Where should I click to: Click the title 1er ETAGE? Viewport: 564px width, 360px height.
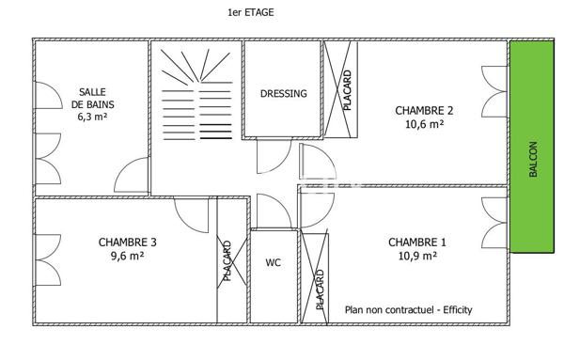click(251, 13)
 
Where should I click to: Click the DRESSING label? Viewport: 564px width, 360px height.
click(284, 94)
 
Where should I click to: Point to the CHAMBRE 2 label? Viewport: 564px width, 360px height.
click(424, 110)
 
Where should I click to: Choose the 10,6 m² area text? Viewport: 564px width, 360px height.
click(424, 123)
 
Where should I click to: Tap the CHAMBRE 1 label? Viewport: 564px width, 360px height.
click(417, 242)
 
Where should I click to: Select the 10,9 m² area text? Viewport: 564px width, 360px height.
click(417, 255)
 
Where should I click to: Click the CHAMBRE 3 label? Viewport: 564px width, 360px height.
click(128, 242)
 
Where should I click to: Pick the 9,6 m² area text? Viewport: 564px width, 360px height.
click(128, 255)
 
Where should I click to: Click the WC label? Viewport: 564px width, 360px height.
click(274, 262)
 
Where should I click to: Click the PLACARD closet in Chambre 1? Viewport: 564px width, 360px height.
click(318, 276)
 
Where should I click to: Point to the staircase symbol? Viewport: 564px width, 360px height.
click(196, 94)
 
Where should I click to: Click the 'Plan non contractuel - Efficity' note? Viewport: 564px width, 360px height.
click(409, 309)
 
